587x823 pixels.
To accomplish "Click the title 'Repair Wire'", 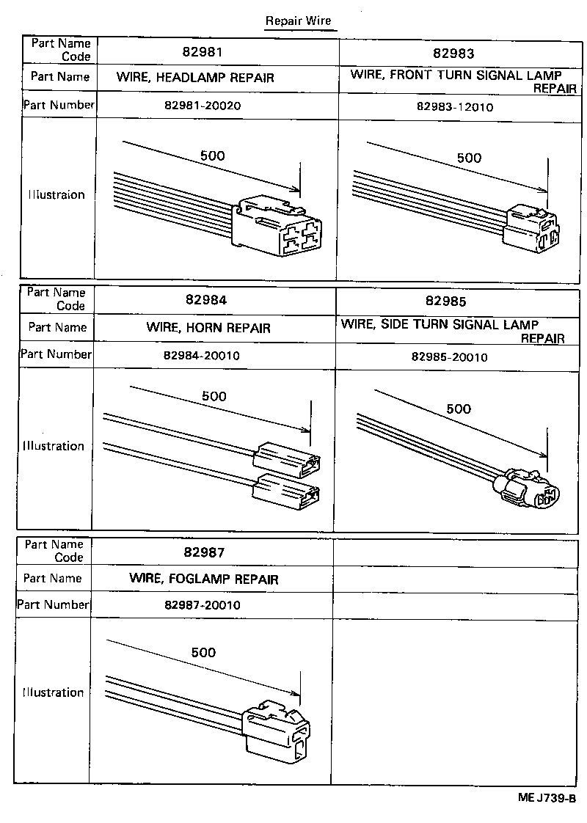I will point(299,21).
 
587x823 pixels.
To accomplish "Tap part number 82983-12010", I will point(454,107).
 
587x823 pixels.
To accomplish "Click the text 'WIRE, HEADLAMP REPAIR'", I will point(195,77).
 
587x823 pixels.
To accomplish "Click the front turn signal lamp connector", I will point(531,227).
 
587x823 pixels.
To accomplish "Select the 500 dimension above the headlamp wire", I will point(213,156).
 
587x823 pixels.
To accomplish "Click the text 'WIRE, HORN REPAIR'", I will point(208,328).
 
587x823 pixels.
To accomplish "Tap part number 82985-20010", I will point(450,357).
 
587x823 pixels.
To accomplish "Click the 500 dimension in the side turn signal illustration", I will point(459,409).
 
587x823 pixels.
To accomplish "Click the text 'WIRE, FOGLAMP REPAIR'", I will point(204,579).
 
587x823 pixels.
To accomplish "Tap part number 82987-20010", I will point(203,606).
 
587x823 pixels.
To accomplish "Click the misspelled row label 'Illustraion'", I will point(56,195).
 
